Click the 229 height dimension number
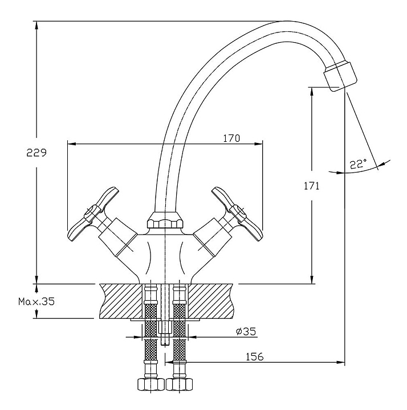pyautogui.click(x=36, y=153)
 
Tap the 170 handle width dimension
pyautogui.click(x=231, y=138)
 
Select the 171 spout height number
pyautogui.click(x=311, y=186)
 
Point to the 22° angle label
pyautogui.click(x=358, y=164)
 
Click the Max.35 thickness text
pyautogui.click(x=36, y=301)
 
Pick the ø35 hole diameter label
pyautogui.click(x=246, y=331)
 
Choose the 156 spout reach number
pyautogui.click(x=254, y=356)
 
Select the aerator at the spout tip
pyautogui.click(x=340, y=75)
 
